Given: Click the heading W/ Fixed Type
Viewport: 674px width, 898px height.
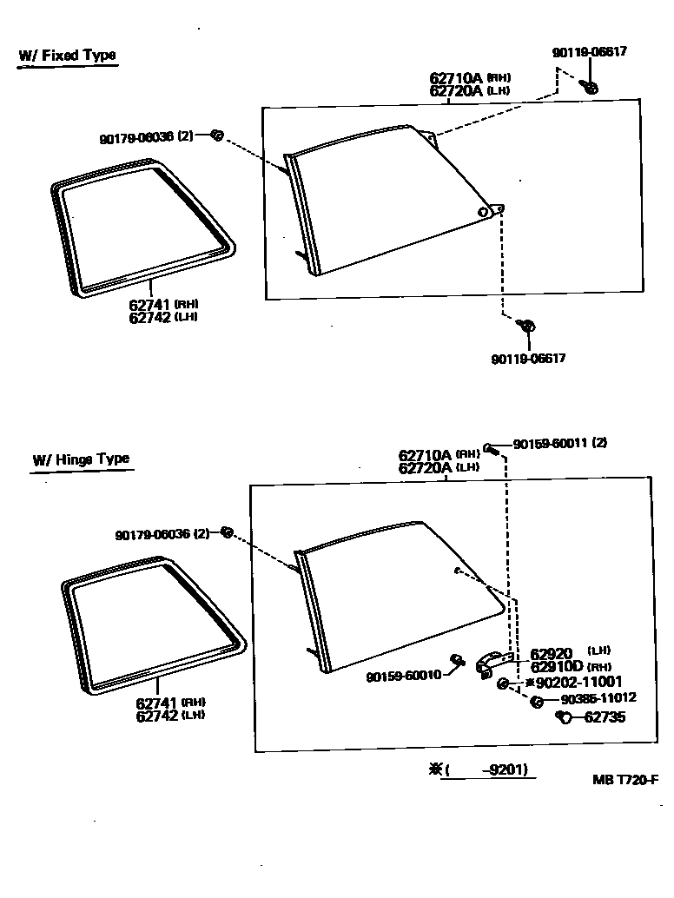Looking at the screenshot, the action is point(67,56).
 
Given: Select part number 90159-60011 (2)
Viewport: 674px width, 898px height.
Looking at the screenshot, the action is point(559,443).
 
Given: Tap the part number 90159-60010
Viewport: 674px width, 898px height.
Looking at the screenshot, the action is point(403,676).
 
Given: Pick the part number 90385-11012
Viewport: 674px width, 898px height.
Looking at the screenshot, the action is point(598,697).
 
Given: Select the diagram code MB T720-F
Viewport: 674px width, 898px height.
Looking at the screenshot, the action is point(625,779).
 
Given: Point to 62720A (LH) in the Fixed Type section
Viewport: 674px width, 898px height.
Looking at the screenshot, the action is point(469,89).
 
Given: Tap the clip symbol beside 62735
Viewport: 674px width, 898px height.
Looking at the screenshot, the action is point(562,716).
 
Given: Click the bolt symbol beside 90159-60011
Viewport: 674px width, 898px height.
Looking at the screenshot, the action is point(491,448).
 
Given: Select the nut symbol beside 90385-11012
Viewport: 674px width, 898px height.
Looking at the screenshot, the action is point(539,700).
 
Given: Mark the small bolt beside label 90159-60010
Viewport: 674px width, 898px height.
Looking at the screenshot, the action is point(455,660).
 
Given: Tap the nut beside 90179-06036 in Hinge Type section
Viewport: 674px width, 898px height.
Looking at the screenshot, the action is point(226,532).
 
